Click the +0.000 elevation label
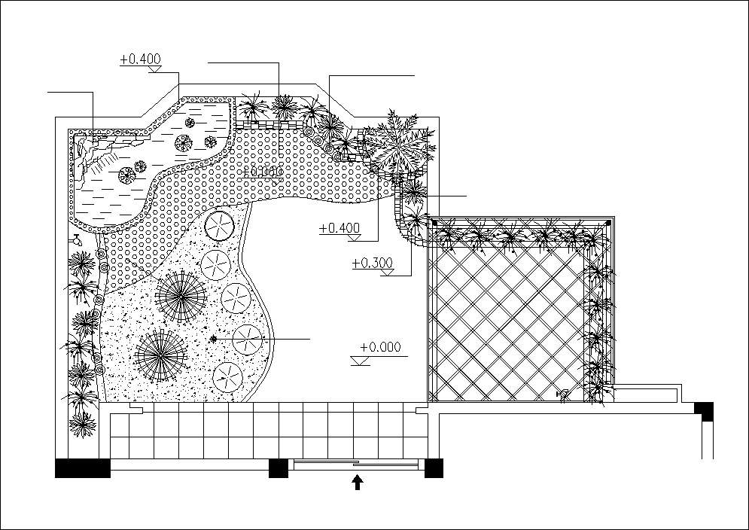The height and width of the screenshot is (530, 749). point(380,347)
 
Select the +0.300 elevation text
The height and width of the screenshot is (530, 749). point(372,263)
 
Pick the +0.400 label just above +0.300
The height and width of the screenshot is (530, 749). point(339,227)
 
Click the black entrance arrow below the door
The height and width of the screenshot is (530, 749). point(358,482)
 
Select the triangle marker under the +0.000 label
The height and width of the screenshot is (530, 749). point(361,361)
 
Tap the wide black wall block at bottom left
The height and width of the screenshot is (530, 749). point(83,468)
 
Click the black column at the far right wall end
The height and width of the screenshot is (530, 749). point(704,411)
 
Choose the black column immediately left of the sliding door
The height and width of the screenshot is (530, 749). point(279,468)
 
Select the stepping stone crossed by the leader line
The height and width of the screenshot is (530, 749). point(247,339)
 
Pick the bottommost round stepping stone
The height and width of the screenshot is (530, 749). point(227,375)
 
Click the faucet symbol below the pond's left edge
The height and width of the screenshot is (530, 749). point(76,240)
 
